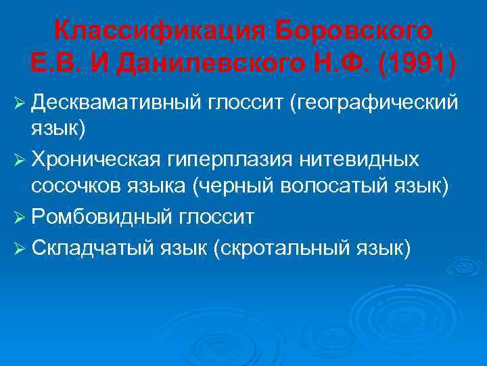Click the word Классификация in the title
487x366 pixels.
[161, 30]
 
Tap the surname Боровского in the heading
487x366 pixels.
[354, 30]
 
